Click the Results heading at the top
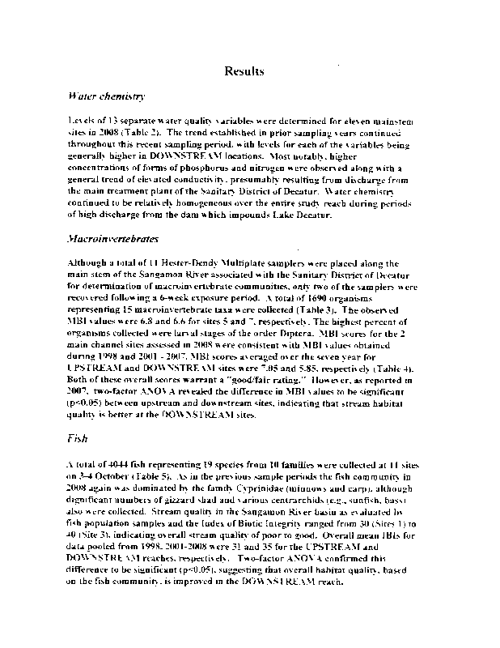click(244, 71)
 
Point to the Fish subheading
click(78, 441)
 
